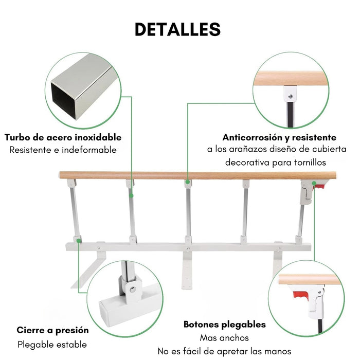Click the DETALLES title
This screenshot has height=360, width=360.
(x=177, y=29)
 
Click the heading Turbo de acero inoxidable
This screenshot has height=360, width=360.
(x=63, y=137)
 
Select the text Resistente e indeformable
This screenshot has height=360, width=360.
(x=63, y=150)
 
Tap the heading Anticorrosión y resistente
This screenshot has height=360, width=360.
(x=279, y=137)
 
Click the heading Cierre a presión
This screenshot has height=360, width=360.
(x=52, y=330)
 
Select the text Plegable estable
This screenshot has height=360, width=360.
(x=52, y=345)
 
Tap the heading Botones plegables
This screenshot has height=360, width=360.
(x=225, y=325)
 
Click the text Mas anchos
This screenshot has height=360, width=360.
(x=224, y=338)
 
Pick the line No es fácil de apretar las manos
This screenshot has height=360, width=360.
(x=224, y=351)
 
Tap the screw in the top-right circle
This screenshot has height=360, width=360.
(x=290, y=95)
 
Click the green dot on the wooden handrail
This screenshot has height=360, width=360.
(x=188, y=182)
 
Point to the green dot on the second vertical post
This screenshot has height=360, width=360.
(x=132, y=195)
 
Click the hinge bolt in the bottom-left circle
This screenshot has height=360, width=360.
(x=133, y=290)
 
